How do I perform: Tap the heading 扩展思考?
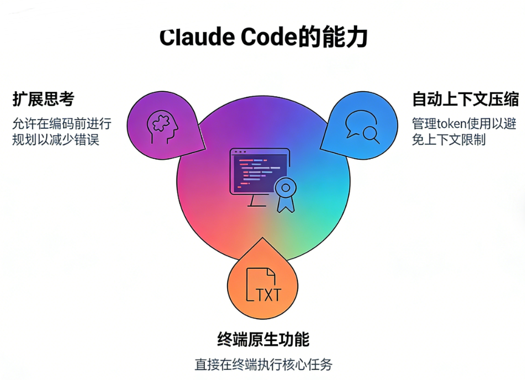43,100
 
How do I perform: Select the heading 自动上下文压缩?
465,100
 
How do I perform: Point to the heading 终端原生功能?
263,339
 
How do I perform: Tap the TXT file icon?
263,285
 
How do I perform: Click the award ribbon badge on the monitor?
285,194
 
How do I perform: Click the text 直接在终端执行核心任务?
263,365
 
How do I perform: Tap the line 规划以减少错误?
55,139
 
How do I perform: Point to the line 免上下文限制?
449,139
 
